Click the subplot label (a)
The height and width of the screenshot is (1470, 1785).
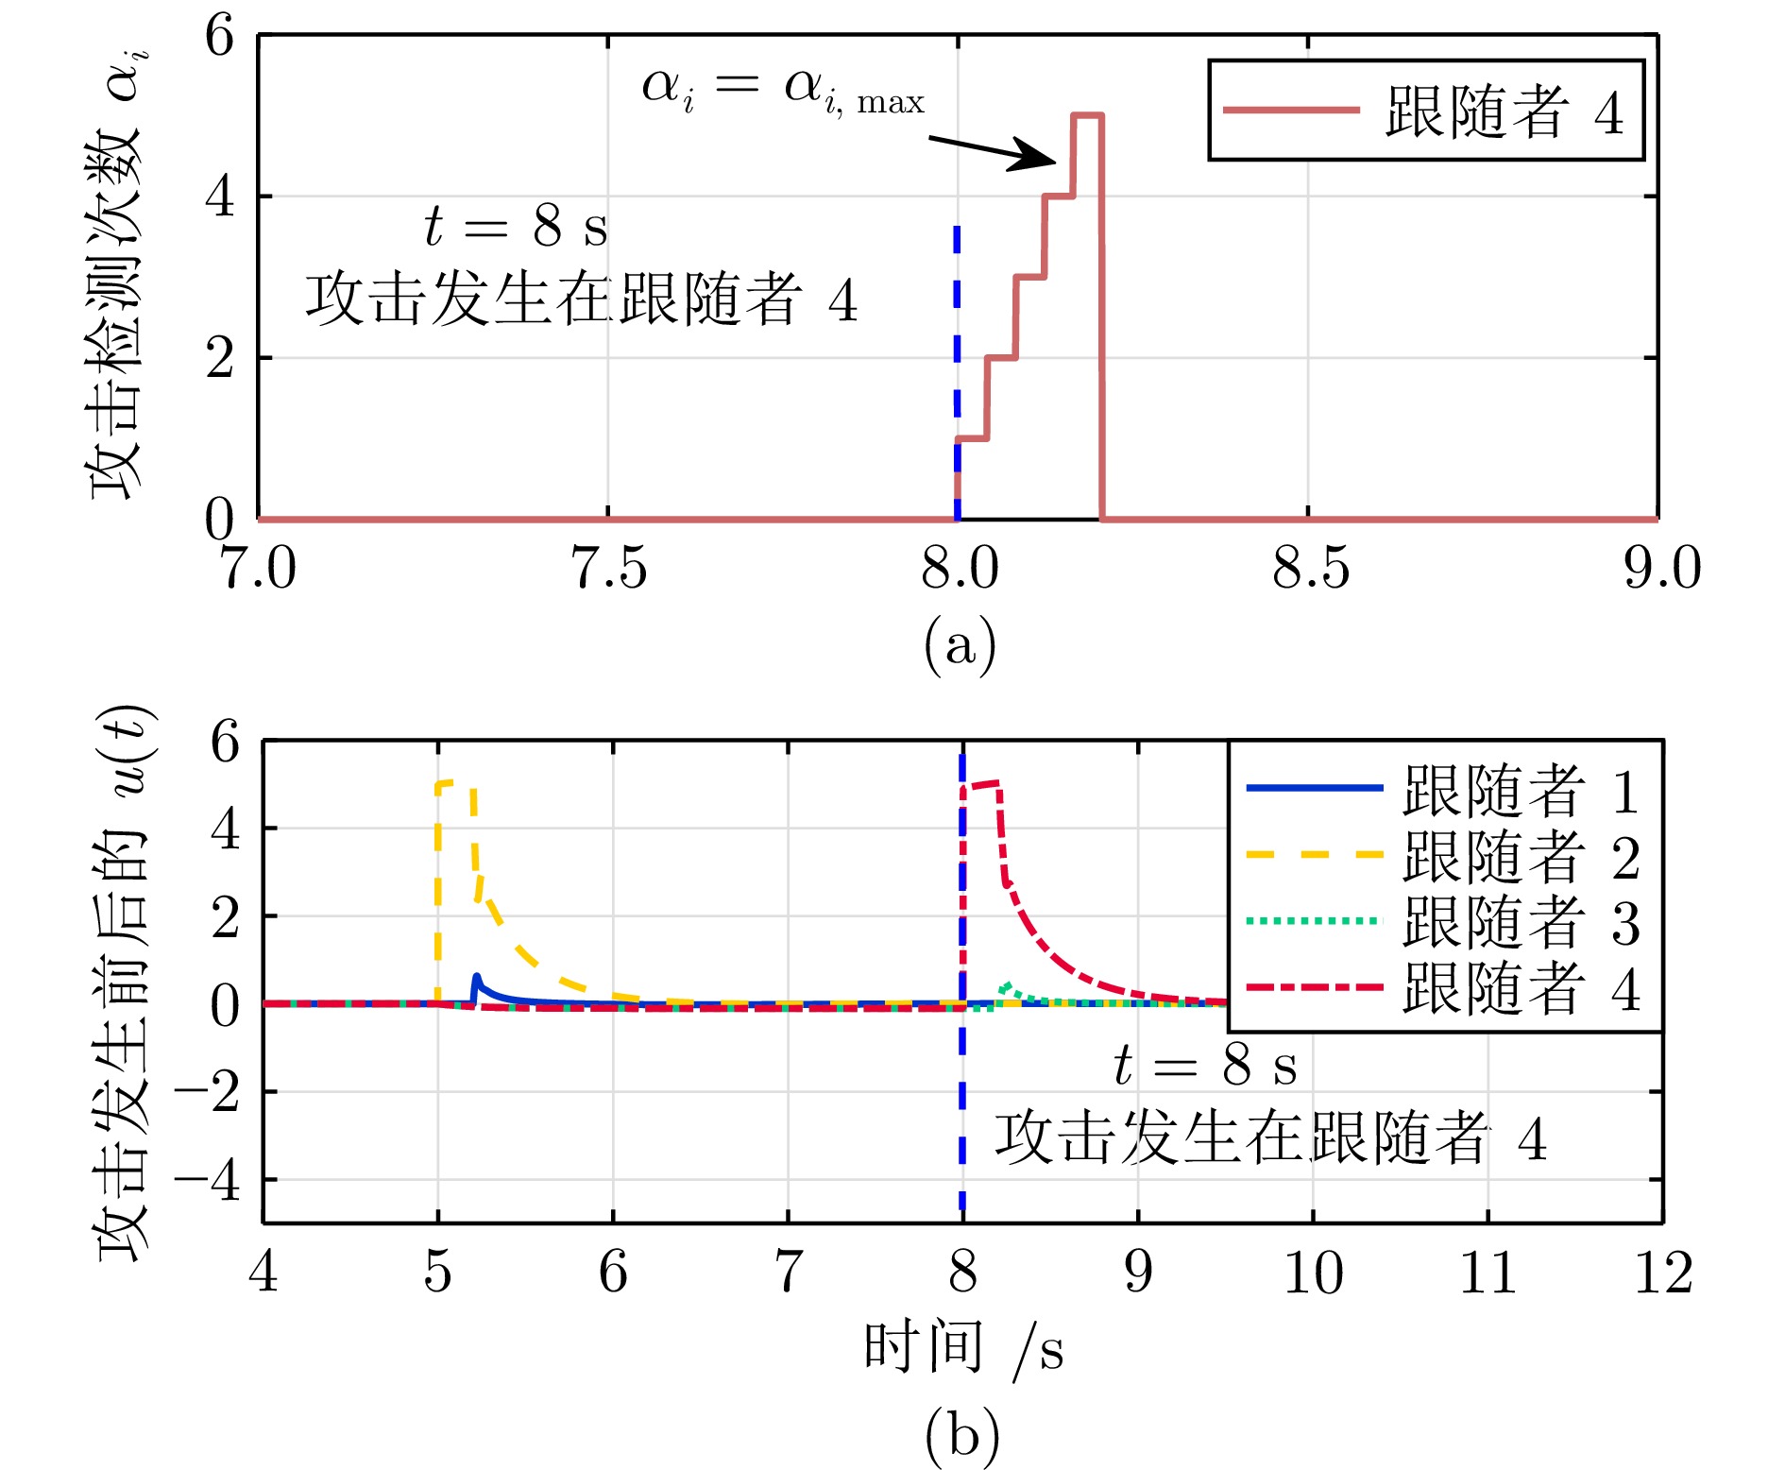(960, 645)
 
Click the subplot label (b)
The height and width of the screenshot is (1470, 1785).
(961, 1435)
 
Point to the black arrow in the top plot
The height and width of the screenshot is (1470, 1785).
(992, 152)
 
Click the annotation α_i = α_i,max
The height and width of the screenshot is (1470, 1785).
(782, 91)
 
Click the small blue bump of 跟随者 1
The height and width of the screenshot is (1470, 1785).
(477, 979)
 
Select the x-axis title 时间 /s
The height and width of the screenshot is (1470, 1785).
(963, 1348)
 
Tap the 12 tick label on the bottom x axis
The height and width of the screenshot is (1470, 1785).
(1663, 1273)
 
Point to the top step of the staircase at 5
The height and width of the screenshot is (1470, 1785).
(1087, 115)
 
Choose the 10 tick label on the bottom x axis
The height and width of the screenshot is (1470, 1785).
(1313, 1273)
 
